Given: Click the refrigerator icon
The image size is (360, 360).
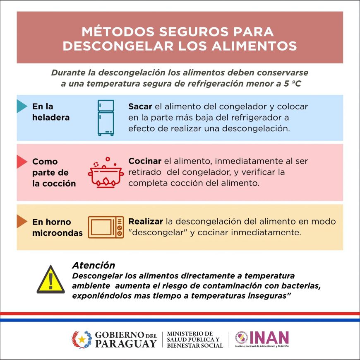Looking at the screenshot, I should tap(106, 118).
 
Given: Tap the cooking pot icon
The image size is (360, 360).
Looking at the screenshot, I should tap(106, 174).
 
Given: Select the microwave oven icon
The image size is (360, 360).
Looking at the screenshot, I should tap(106, 227).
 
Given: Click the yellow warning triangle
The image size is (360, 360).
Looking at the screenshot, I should tap(50, 280).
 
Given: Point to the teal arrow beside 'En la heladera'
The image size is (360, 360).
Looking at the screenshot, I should tap(21, 106).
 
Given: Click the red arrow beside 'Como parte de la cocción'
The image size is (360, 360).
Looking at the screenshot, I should tap(21, 162).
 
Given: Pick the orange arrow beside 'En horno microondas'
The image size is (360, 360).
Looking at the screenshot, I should tap(21, 222).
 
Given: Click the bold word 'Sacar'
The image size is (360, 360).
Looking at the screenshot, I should tap(140, 106).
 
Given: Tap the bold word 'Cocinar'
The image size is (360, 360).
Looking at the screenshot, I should tap(145, 161).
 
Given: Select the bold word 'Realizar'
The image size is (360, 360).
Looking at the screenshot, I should tap(146, 222).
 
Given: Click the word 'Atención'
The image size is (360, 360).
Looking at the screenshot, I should tap(94, 265).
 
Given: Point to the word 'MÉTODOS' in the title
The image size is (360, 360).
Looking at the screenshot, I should tap(116, 32).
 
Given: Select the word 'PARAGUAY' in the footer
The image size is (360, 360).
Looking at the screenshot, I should tap(126, 343).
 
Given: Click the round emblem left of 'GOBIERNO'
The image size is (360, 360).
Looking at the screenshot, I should tap(82, 339).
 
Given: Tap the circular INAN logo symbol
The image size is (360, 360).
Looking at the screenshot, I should tap(241, 338).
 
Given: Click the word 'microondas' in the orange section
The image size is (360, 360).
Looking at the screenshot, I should tap(58, 233).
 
